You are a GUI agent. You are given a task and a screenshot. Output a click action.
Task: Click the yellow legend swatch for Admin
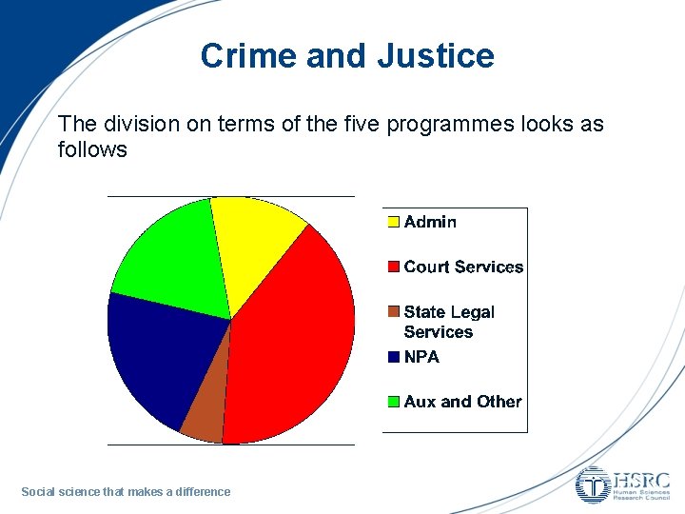click(x=393, y=223)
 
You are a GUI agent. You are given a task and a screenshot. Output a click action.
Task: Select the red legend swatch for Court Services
click(x=393, y=267)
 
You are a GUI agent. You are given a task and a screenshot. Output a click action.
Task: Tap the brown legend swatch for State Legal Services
click(x=393, y=312)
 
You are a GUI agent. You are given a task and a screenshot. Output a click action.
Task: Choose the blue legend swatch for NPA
click(x=393, y=358)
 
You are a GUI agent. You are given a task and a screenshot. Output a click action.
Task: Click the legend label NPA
click(x=421, y=358)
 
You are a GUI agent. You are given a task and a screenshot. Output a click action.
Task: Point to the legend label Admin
click(x=430, y=223)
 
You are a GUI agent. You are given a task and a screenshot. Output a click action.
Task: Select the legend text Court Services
click(x=463, y=267)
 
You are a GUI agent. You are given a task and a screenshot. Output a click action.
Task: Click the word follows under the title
click(x=92, y=149)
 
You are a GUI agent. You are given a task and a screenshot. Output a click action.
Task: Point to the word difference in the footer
click(x=200, y=492)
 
